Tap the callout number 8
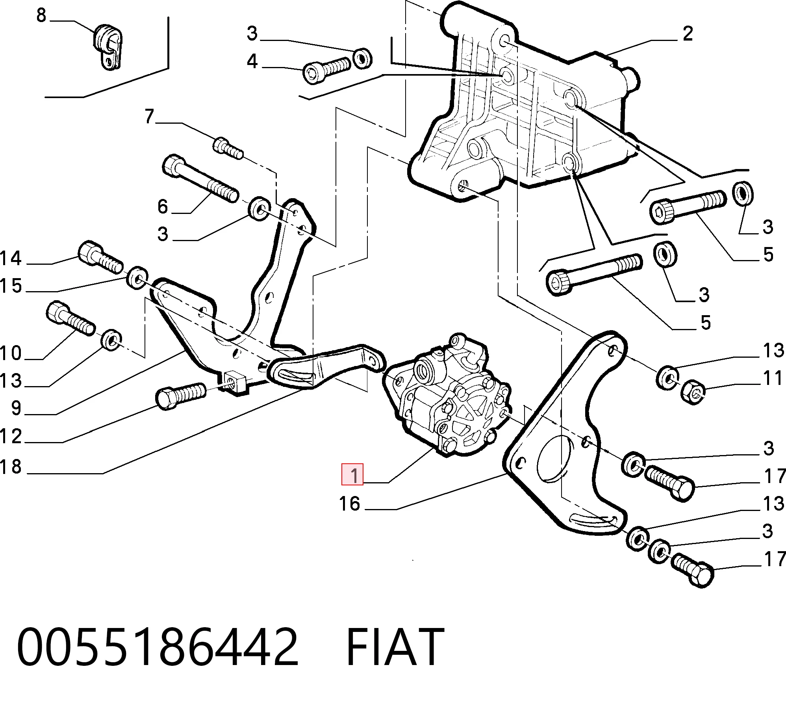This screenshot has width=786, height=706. [41, 15]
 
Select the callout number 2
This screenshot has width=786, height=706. [688, 33]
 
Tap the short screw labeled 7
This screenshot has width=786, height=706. [228, 148]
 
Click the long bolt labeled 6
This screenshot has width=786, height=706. [200, 178]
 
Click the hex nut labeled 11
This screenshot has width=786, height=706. [693, 392]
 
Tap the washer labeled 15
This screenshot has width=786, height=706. [137, 278]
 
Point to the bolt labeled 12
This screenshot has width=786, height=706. [181, 395]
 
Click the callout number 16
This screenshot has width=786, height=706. [349, 504]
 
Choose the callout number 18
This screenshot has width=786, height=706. [10, 466]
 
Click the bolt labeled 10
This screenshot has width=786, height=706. [70, 318]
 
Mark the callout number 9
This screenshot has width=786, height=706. [16, 408]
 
